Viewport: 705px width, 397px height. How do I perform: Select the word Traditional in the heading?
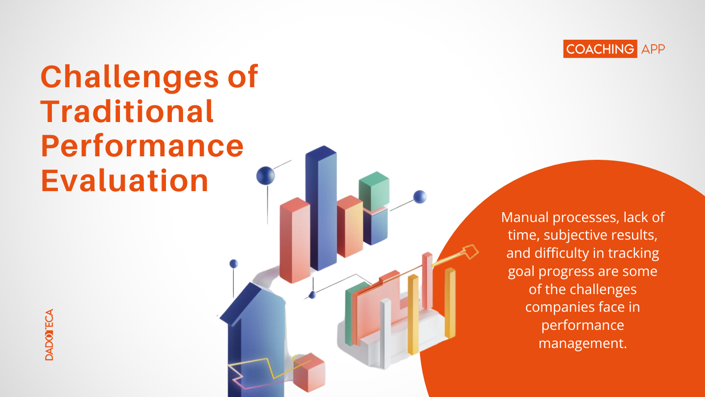click(127, 111)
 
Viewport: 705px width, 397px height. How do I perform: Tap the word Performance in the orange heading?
click(142, 147)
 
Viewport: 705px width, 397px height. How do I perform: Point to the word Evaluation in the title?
click(125, 180)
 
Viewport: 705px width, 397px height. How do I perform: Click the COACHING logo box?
click(600, 49)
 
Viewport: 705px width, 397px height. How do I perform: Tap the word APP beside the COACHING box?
click(653, 49)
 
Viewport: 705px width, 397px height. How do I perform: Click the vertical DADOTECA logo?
click(49, 335)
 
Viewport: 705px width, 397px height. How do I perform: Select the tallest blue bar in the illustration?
click(321, 208)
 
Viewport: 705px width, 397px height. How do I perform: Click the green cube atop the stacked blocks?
click(374, 191)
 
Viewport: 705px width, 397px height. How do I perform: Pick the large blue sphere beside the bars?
click(266, 175)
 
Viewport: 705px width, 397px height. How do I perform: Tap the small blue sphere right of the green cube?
click(420, 197)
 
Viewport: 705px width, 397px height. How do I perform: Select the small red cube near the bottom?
click(309, 372)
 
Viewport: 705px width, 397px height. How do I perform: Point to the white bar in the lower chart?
click(385, 334)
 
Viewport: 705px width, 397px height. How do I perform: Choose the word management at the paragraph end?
click(583, 344)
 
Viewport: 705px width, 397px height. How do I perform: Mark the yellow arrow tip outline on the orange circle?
click(470, 252)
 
